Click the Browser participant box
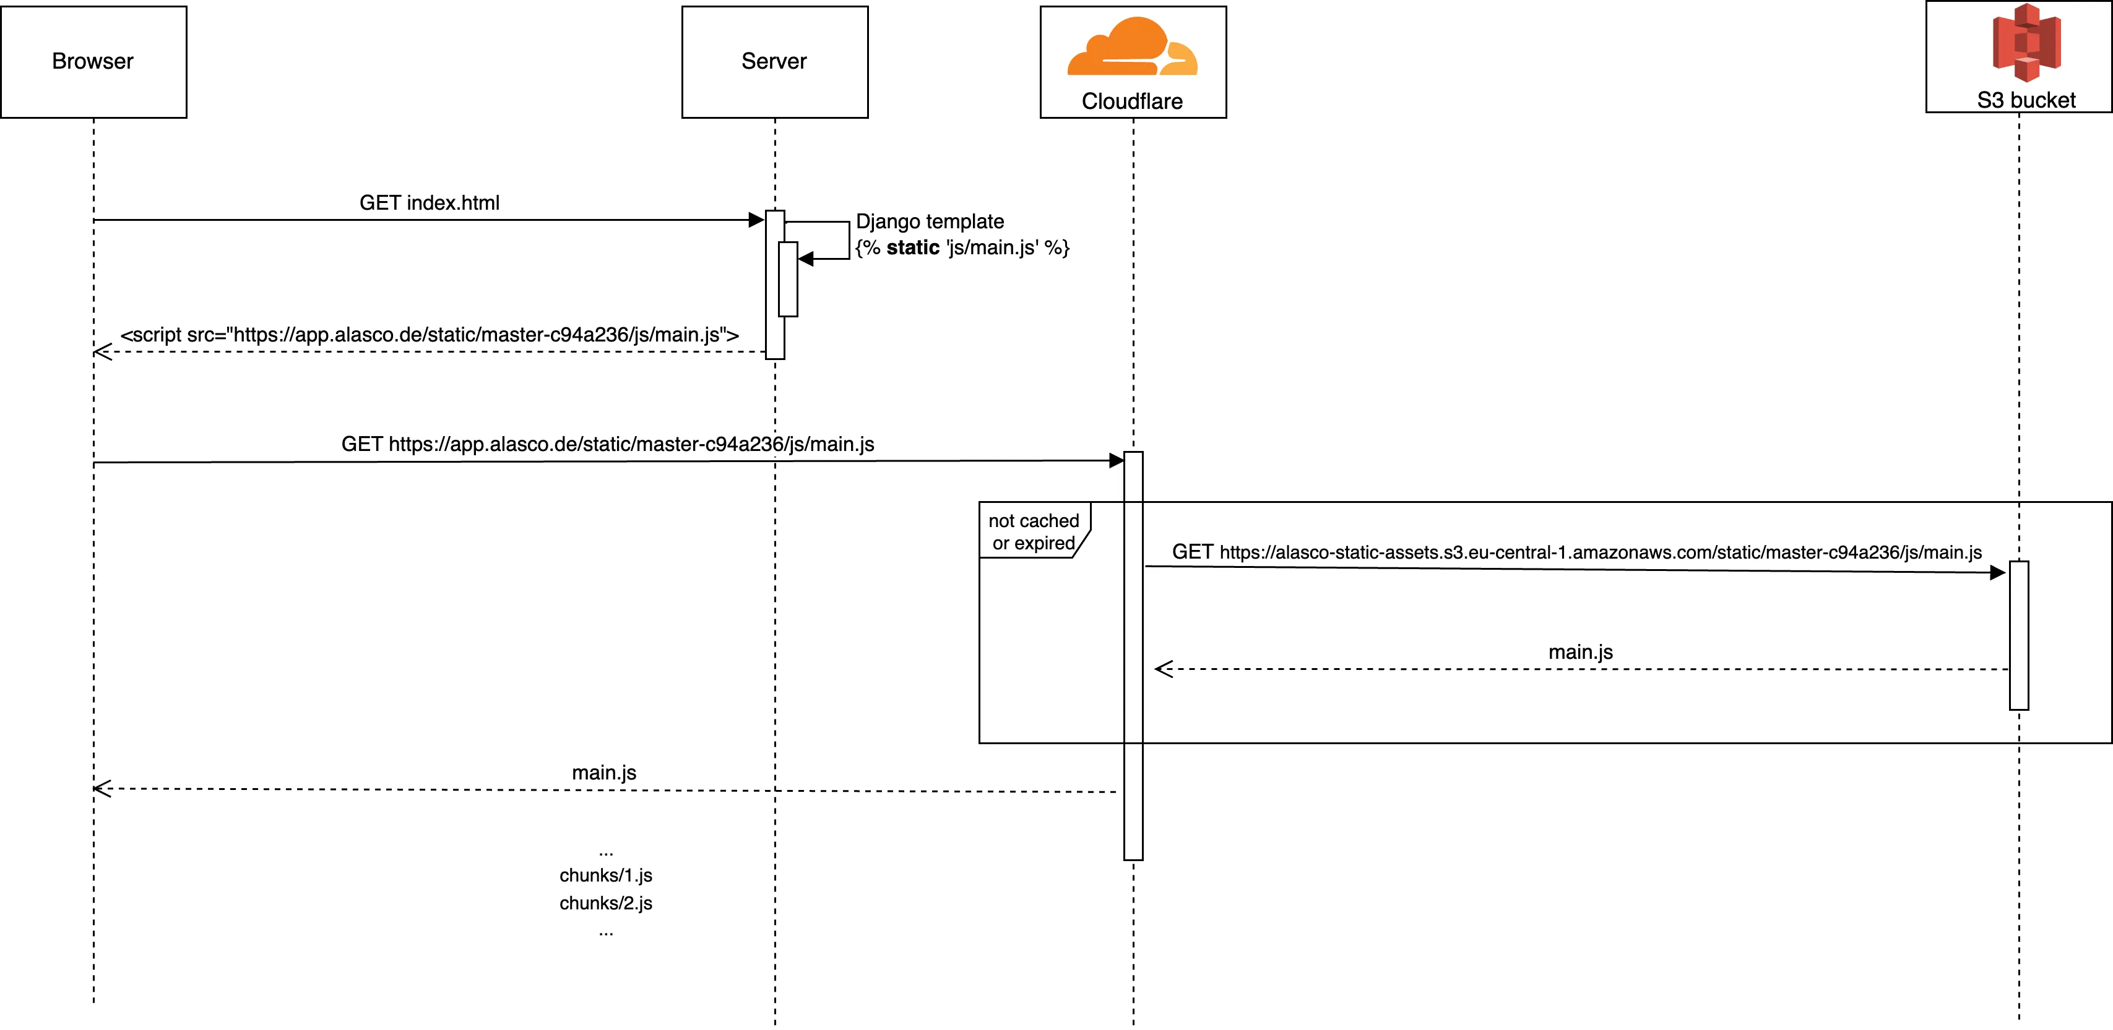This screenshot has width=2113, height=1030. (x=93, y=62)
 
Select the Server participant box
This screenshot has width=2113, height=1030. (x=774, y=62)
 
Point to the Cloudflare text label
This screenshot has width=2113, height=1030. (x=1132, y=101)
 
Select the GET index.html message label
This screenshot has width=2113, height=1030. (x=429, y=202)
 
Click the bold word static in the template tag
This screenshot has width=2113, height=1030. (x=912, y=247)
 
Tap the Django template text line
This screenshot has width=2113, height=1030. (x=930, y=221)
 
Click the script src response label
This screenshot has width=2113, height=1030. (x=429, y=335)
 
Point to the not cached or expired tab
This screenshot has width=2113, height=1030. (x=1034, y=531)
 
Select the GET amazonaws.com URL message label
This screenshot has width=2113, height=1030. (x=1576, y=552)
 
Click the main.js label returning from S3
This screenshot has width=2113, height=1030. (x=1580, y=652)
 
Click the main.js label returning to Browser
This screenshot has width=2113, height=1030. (x=603, y=773)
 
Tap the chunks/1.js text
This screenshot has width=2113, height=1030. (x=605, y=875)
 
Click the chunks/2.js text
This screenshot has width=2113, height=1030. (x=605, y=903)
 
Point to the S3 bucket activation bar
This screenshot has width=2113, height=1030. (x=2019, y=635)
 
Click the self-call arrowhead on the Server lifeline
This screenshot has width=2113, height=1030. (x=805, y=259)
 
